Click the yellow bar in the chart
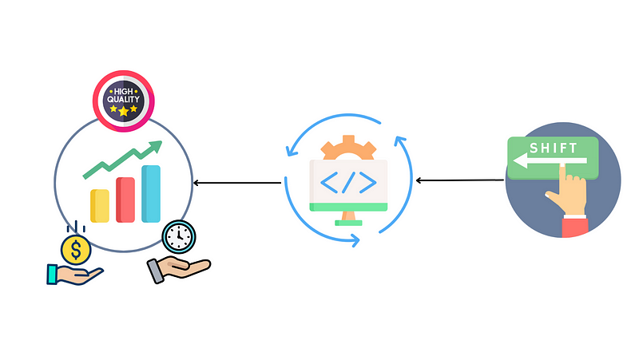[100, 206]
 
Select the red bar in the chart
[125, 200]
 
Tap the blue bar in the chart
[151, 193]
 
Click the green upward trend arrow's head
[155, 147]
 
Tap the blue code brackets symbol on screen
[348, 183]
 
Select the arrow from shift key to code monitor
[460, 180]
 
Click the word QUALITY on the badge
[123, 100]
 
